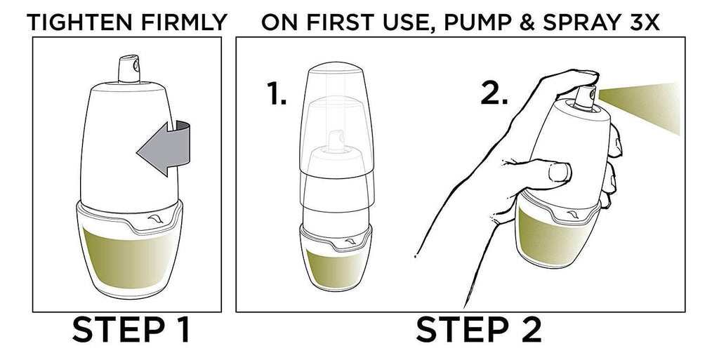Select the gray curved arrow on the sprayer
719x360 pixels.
click(164, 148)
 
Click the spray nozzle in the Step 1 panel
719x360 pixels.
click(129, 69)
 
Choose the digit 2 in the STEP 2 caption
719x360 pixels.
click(528, 329)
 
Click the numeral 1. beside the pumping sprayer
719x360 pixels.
click(277, 95)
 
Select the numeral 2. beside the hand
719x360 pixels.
click(494, 94)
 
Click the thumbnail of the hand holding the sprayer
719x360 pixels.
click(560, 172)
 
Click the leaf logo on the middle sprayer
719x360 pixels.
click(350, 241)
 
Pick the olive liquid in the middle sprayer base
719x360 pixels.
click(336, 269)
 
